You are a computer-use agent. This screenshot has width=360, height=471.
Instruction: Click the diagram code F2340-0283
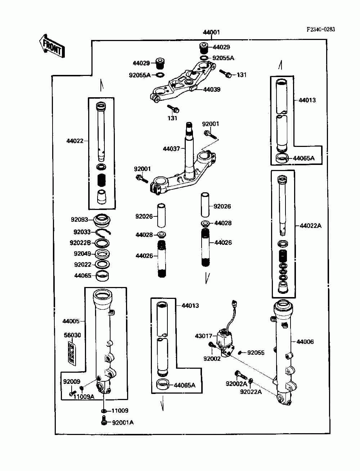pyautogui.click(x=321, y=29)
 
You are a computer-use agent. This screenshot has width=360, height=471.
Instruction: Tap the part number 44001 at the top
pyautogui.click(x=211, y=32)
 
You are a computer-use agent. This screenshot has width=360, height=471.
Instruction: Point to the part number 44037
pyautogui.click(x=171, y=148)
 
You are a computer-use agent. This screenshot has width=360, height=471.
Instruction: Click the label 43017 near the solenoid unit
pyautogui.click(x=203, y=336)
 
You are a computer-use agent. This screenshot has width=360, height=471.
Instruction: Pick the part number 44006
pyautogui.click(x=305, y=341)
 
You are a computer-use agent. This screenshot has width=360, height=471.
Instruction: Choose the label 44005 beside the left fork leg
pyautogui.click(x=71, y=321)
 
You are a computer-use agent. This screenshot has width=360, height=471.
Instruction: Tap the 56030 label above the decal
pyautogui.click(x=72, y=335)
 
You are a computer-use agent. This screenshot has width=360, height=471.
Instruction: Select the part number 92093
pyautogui.click(x=80, y=219)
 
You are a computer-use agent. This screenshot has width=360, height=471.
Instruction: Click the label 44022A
pyautogui.click(x=311, y=226)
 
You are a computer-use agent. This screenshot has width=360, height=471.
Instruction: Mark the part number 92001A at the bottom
pyautogui.click(x=123, y=422)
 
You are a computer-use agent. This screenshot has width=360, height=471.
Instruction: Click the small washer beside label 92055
pyautogui.click(x=239, y=352)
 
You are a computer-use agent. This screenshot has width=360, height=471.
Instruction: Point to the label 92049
pyautogui.click(x=82, y=254)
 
